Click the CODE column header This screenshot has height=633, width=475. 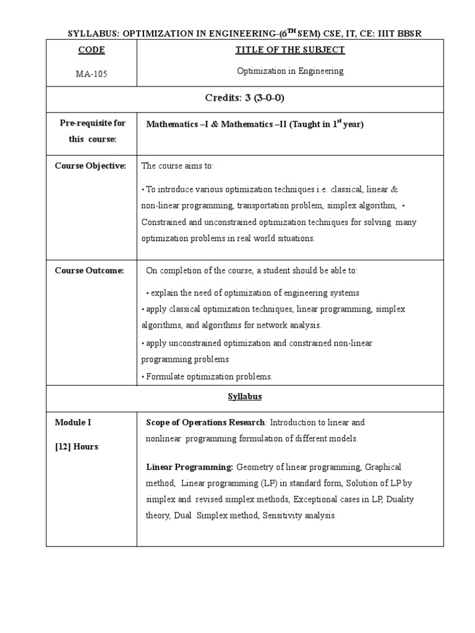click(92, 50)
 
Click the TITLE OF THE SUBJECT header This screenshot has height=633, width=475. click(290, 50)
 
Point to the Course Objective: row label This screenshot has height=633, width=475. click(90, 166)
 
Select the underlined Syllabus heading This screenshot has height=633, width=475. click(244, 397)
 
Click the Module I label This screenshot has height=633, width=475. click(73, 423)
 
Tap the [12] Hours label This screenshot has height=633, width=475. click(77, 447)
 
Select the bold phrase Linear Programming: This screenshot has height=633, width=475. click(189, 467)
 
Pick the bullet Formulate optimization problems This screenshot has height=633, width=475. click(208, 376)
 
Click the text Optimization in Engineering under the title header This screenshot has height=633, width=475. click(290, 71)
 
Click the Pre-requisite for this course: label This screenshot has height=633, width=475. click(92, 131)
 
